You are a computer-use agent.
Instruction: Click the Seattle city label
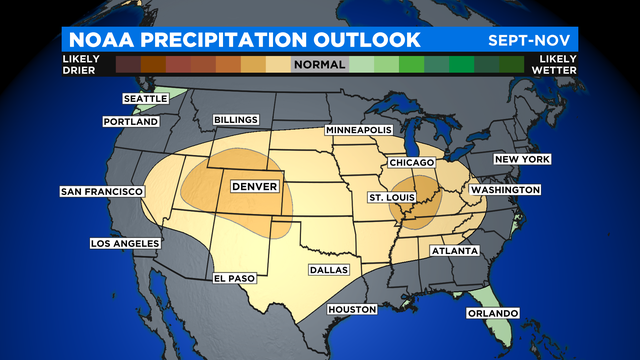point(146,99)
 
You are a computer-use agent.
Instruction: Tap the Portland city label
point(131,122)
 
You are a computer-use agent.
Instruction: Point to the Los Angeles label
point(124,244)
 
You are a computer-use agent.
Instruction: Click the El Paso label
point(236,278)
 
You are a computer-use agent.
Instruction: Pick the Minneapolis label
point(361,132)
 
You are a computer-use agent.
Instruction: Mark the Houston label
point(352,310)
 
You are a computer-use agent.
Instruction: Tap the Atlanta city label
point(454,251)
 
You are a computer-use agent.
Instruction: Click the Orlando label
point(492,314)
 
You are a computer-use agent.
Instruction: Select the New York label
point(523,160)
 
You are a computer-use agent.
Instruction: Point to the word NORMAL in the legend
point(320,65)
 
